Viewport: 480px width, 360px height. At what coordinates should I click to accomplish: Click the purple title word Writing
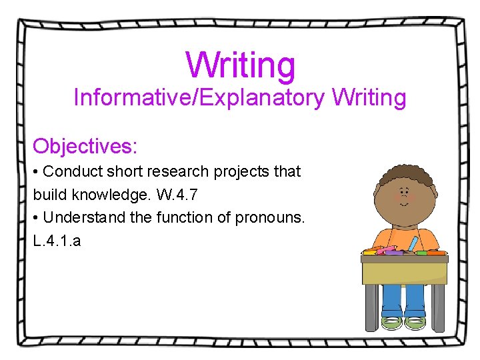click(x=240, y=65)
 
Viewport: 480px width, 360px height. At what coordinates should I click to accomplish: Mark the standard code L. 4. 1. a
click(x=57, y=241)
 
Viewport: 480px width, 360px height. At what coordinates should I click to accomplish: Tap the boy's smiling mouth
click(x=403, y=208)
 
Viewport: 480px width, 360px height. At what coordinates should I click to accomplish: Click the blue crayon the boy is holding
click(x=414, y=244)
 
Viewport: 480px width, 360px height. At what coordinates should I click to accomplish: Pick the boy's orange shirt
click(x=393, y=237)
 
